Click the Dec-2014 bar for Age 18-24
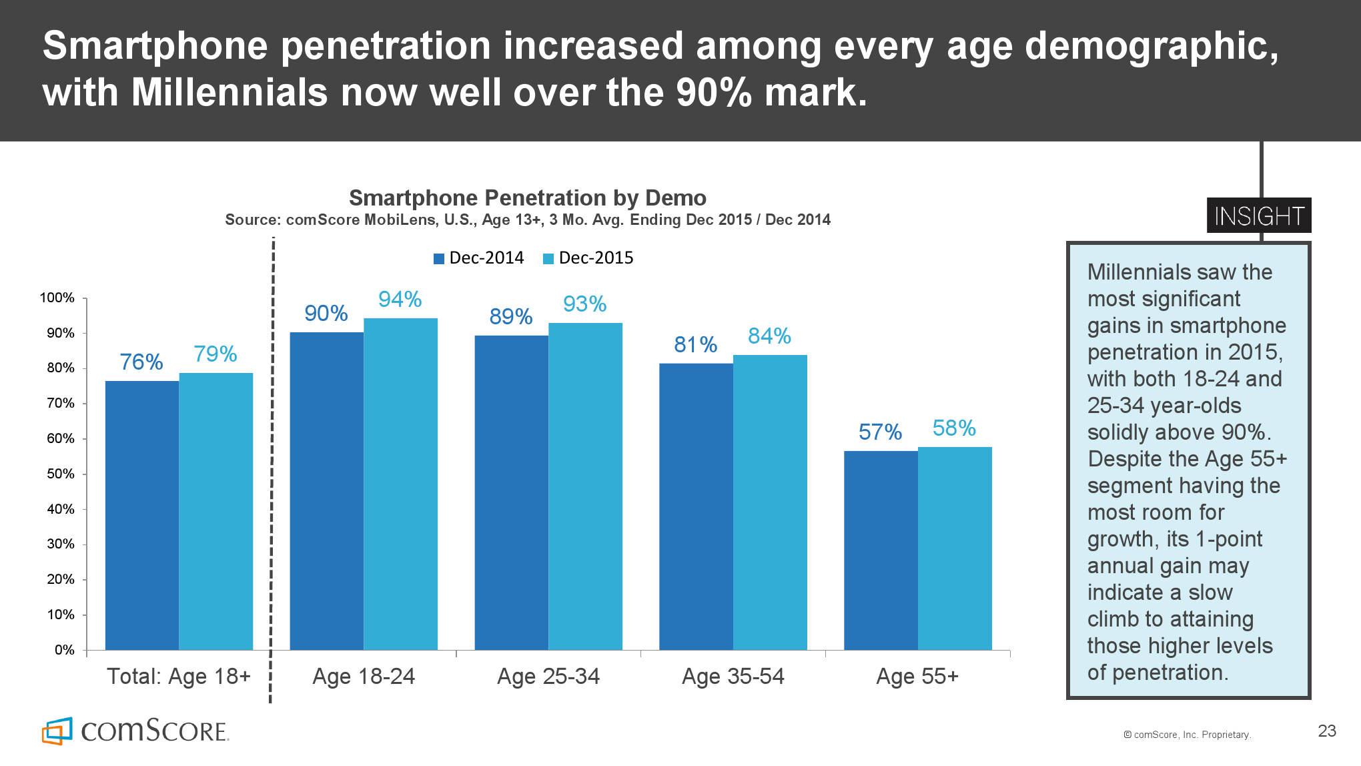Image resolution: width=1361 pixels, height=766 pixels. tap(326, 490)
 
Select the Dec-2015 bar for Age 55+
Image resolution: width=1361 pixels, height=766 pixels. tap(955, 548)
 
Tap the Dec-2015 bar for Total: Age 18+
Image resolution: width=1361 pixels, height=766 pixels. tap(215, 511)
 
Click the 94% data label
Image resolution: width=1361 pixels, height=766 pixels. tap(400, 299)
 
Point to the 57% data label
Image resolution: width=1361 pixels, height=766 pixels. tap(880, 432)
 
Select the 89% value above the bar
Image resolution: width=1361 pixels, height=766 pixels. tap(510, 316)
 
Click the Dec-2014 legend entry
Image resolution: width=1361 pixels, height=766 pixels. tap(479, 258)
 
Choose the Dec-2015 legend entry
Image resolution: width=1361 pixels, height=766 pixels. tap(588, 258)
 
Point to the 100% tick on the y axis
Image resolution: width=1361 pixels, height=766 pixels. tap(57, 298)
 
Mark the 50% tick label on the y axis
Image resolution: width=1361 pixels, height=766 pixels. tap(60, 474)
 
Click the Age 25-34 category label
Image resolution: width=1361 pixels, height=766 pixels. tap(548, 677)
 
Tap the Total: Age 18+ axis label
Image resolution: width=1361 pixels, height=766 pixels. tap(179, 677)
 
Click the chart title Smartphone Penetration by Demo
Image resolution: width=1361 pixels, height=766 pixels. tap(527, 198)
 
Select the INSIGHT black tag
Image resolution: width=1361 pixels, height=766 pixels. tap(1258, 216)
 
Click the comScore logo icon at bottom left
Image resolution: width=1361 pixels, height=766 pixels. tap(57, 731)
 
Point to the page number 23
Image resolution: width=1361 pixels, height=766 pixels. tap(1327, 731)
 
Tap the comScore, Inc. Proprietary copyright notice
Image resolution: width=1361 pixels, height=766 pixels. tap(1187, 735)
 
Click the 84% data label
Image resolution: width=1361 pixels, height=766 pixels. tap(769, 336)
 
